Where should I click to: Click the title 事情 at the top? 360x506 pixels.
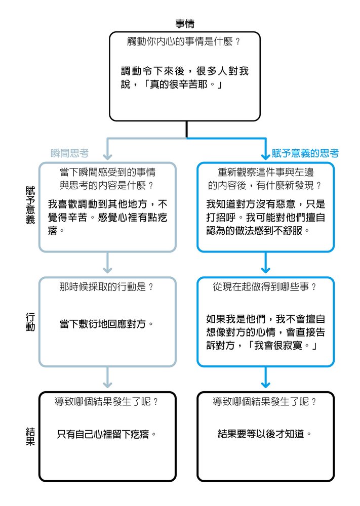coord(185,24)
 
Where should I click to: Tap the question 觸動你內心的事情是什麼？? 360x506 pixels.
coord(184,41)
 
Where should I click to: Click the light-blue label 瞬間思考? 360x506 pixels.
coord(69,153)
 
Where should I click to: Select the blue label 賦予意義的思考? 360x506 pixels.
coord(305,153)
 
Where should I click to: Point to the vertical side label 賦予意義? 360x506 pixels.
coord(30,205)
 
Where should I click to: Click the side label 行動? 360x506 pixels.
coord(30,322)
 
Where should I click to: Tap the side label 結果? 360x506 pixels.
coord(30,437)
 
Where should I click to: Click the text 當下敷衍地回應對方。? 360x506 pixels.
coord(107,324)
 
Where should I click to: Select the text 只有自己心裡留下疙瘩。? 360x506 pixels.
coord(107,434)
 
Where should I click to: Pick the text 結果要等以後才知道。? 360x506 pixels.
coord(265,434)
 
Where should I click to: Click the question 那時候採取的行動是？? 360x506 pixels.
coord(107,286)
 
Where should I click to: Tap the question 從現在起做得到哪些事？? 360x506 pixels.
coord(265,286)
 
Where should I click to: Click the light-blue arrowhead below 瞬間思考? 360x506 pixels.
coord(107,156)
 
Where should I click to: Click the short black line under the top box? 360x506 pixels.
coord(187,130)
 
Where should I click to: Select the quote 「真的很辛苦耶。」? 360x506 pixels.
coord(183,85)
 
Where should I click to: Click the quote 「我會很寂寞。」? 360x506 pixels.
coord(281,346)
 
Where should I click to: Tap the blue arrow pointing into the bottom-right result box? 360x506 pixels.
coord(265,377)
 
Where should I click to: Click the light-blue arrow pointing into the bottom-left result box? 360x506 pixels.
coord(107,377)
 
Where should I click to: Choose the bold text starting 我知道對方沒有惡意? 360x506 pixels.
coord(266,217)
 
